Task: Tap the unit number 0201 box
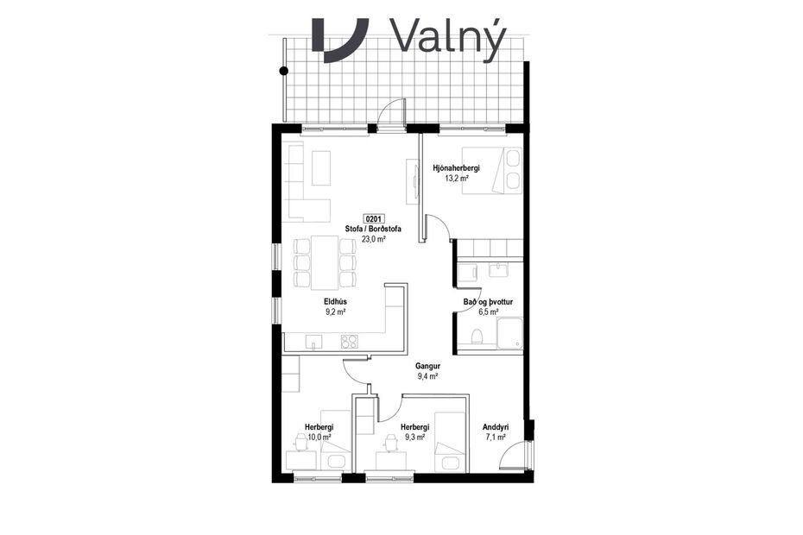pyautogui.click(x=374, y=219)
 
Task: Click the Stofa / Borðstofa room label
pyautogui.click(x=373, y=230)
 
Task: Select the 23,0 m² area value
pyautogui.click(x=373, y=240)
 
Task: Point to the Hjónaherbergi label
pyautogui.click(x=456, y=168)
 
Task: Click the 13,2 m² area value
pyautogui.click(x=456, y=179)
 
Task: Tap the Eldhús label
pyautogui.click(x=336, y=302)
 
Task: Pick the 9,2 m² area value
pyautogui.click(x=336, y=312)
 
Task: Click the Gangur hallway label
pyautogui.click(x=428, y=366)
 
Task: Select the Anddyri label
pyautogui.click(x=496, y=427)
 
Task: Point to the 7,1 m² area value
pyautogui.click(x=496, y=437)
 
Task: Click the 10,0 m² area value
pyautogui.click(x=319, y=437)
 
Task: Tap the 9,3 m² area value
pyautogui.click(x=414, y=437)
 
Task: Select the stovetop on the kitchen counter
pyautogui.click(x=350, y=341)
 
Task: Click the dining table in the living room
pyautogui.click(x=325, y=262)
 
